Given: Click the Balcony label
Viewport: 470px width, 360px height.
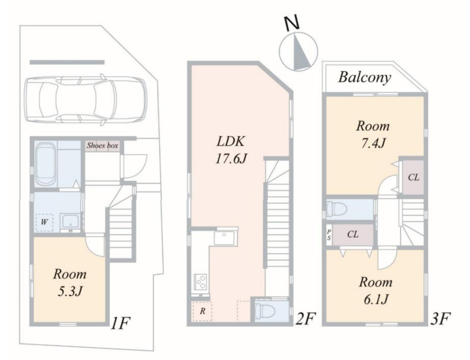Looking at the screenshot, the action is pos(365,78).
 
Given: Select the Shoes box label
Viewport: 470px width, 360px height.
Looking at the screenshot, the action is pos(103,145).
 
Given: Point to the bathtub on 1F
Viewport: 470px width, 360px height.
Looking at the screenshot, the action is pos(45,164).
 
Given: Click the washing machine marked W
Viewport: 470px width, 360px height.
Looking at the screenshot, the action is pos(45,223).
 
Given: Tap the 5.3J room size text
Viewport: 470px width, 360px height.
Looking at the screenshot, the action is pos(70,291).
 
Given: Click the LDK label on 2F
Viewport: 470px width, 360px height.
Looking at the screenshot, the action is pos(231,141).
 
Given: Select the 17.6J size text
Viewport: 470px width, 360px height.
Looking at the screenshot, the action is pos(231,159).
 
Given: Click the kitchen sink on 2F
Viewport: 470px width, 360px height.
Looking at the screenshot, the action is pos(224,238).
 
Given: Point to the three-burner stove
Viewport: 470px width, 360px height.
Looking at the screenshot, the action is pos(201,282).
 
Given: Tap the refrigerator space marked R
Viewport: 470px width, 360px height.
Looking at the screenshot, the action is pos(203,311).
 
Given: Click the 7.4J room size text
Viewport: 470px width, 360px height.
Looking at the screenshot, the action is pos(373,143).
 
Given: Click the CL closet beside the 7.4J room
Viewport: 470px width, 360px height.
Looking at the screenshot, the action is pos(413,177).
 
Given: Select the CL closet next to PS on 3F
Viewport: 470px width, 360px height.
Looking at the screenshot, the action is pos(353,234).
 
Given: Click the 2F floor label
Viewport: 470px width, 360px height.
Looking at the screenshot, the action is pos(304,319).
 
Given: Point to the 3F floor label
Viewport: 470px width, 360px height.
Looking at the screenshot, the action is pos(440,319).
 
